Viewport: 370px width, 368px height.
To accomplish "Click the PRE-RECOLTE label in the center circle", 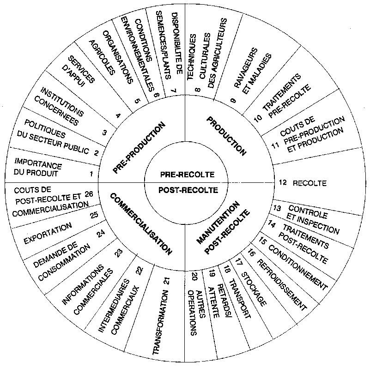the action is coord(188,175).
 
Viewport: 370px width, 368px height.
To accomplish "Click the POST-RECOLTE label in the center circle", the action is coord(188,190).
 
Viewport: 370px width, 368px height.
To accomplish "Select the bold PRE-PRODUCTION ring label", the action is coord(139,148).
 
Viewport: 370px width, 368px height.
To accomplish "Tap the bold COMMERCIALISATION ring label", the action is coord(141,224).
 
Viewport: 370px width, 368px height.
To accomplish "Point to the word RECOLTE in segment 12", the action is coord(309,183).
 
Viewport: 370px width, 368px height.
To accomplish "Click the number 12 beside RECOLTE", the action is coord(283,182).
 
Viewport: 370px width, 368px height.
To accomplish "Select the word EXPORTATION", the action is coord(48,234).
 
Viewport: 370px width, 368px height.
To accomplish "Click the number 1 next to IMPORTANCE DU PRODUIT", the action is coord(91,174).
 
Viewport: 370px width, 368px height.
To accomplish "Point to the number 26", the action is coord(89,194).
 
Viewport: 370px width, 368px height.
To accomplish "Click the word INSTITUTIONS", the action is coord(62,102).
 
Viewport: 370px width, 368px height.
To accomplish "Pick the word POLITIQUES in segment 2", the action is coord(45,129).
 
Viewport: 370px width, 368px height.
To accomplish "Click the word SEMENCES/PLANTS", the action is coord(163,45).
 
